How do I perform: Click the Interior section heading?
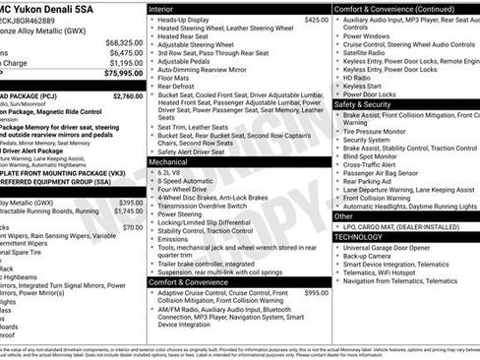(169, 8)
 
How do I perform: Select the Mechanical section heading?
(176, 161)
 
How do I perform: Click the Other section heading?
(344, 214)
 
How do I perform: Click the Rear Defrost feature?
(178, 87)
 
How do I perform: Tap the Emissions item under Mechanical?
(176, 239)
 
